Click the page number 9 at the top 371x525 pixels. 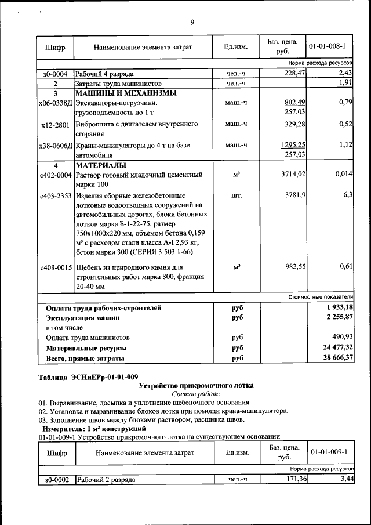coord(192,23)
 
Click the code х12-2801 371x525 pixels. coord(56,125)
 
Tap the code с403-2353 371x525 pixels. coord(56,196)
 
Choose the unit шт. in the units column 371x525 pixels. coord(236,196)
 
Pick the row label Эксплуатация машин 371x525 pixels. coord(83,318)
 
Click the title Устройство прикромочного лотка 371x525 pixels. coord(197,386)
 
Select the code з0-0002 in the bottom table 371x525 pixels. coord(56,480)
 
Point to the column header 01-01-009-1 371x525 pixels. coord(329,452)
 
